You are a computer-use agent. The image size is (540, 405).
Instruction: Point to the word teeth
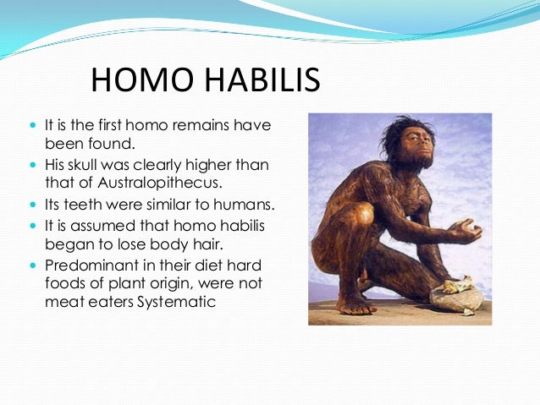[82, 205]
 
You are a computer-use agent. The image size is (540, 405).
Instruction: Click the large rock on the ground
[456, 296]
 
